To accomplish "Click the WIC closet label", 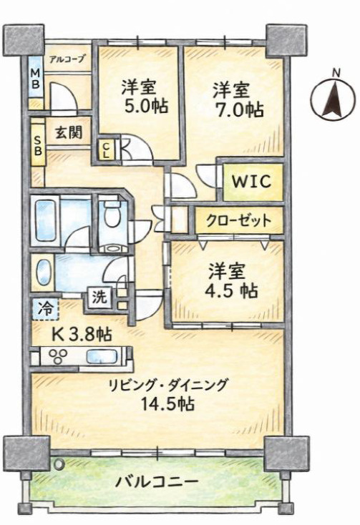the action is click(x=252, y=182).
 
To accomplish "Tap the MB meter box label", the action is click(x=36, y=78).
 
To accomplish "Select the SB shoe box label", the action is click(x=38, y=145).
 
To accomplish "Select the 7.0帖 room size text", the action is click(x=239, y=109).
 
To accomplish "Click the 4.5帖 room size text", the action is click(x=231, y=290).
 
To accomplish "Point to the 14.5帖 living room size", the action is click(x=167, y=403).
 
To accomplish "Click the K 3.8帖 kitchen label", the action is click(x=82, y=333).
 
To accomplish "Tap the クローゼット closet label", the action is click(x=238, y=220).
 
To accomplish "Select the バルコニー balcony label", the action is click(x=157, y=482).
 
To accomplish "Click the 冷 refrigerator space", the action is click(x=46, y=308).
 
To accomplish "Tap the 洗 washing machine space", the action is click(x=99, y=296).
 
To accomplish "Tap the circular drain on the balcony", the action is click(x=59, y=463).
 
